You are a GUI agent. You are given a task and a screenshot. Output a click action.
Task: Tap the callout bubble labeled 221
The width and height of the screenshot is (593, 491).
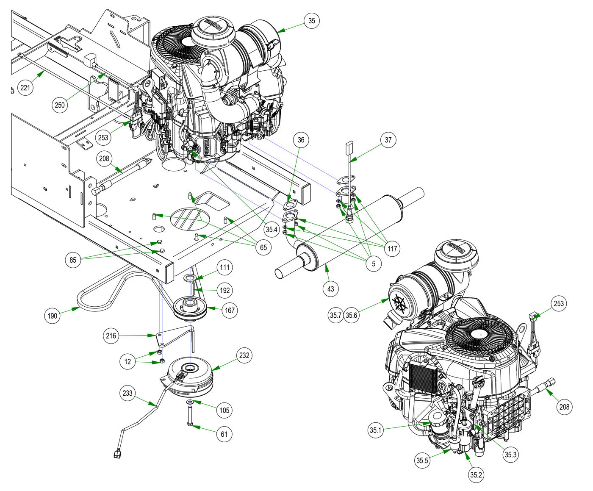pyautogui.click(x=26, y=88)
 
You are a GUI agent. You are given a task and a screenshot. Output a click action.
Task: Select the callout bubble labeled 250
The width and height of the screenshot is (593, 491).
pyautogui.click(x=60, y=105)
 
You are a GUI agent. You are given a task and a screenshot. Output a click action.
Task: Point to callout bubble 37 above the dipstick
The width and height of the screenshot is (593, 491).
pyautogui.click(x=388, y=139)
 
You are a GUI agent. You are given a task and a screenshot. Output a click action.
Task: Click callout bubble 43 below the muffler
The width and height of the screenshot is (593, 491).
pyautogui.click(x=331, y=289)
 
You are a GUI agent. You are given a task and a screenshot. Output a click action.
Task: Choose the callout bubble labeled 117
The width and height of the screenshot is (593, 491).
pyautogui.click(x=392, y=248)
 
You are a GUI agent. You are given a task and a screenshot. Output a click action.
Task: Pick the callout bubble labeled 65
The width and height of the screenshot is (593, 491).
pyautogui.click(x=263, y=247)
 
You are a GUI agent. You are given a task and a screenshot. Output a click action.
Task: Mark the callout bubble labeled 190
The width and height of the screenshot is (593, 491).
pyautogui.click(x=52, y=316)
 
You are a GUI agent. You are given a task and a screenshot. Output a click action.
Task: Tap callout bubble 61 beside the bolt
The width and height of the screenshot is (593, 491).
pyautogui.click(x=224, y=433)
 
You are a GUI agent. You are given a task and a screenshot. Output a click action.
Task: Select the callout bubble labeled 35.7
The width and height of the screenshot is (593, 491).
pyautogui.click(x=335, y=315)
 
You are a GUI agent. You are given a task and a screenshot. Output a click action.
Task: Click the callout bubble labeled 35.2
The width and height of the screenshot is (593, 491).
pyautogui.click(x=476, y=475)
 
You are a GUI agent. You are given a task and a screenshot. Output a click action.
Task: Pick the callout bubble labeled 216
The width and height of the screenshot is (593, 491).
pyautogui.click(x=112, y=336)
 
